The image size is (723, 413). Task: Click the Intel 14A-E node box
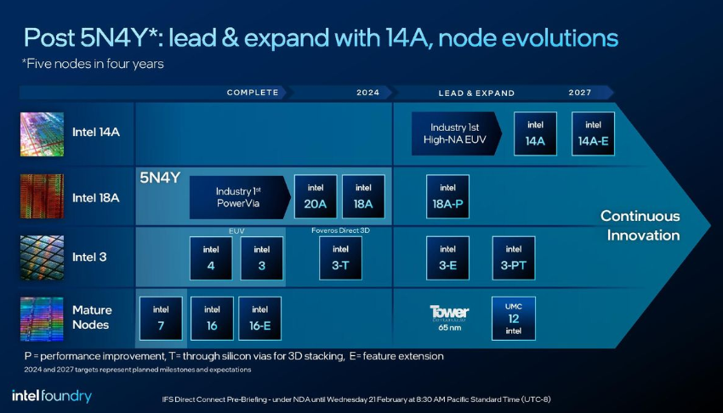click(x=593, y=133)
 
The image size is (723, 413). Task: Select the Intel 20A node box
click(x=316, y=196)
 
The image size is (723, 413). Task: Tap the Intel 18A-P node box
click(x=447, y=196)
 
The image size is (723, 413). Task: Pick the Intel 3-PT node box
click(x=514, y=257)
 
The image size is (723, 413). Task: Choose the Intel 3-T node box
click(x=340, y=257)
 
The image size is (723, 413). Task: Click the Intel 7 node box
click(x=161, y=318)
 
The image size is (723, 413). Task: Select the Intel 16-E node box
click(x=259, y=318)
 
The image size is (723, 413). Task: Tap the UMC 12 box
click(x=514, y=318)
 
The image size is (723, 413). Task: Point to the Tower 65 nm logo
click(x=449, y=318)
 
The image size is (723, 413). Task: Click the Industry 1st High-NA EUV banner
click(x=456, y=133)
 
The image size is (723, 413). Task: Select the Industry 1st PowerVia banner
click(x=240, y=197)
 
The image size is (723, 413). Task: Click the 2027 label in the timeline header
click(x=579, y=93)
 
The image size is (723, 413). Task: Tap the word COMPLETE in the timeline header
click(x=253, y=93)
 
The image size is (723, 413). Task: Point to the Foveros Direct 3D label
click(x=340, y=230)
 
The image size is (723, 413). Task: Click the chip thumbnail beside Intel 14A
click(x=42, y=134)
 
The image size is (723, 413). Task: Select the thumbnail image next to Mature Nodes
click(x=42, y=319)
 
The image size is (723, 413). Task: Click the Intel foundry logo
click(x=52, y=396)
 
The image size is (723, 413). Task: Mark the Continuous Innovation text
click(x=640, y=225)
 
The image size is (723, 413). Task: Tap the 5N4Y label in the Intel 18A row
click(x=160, y=178)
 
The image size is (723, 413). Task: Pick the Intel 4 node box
click(x=211, y=257)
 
